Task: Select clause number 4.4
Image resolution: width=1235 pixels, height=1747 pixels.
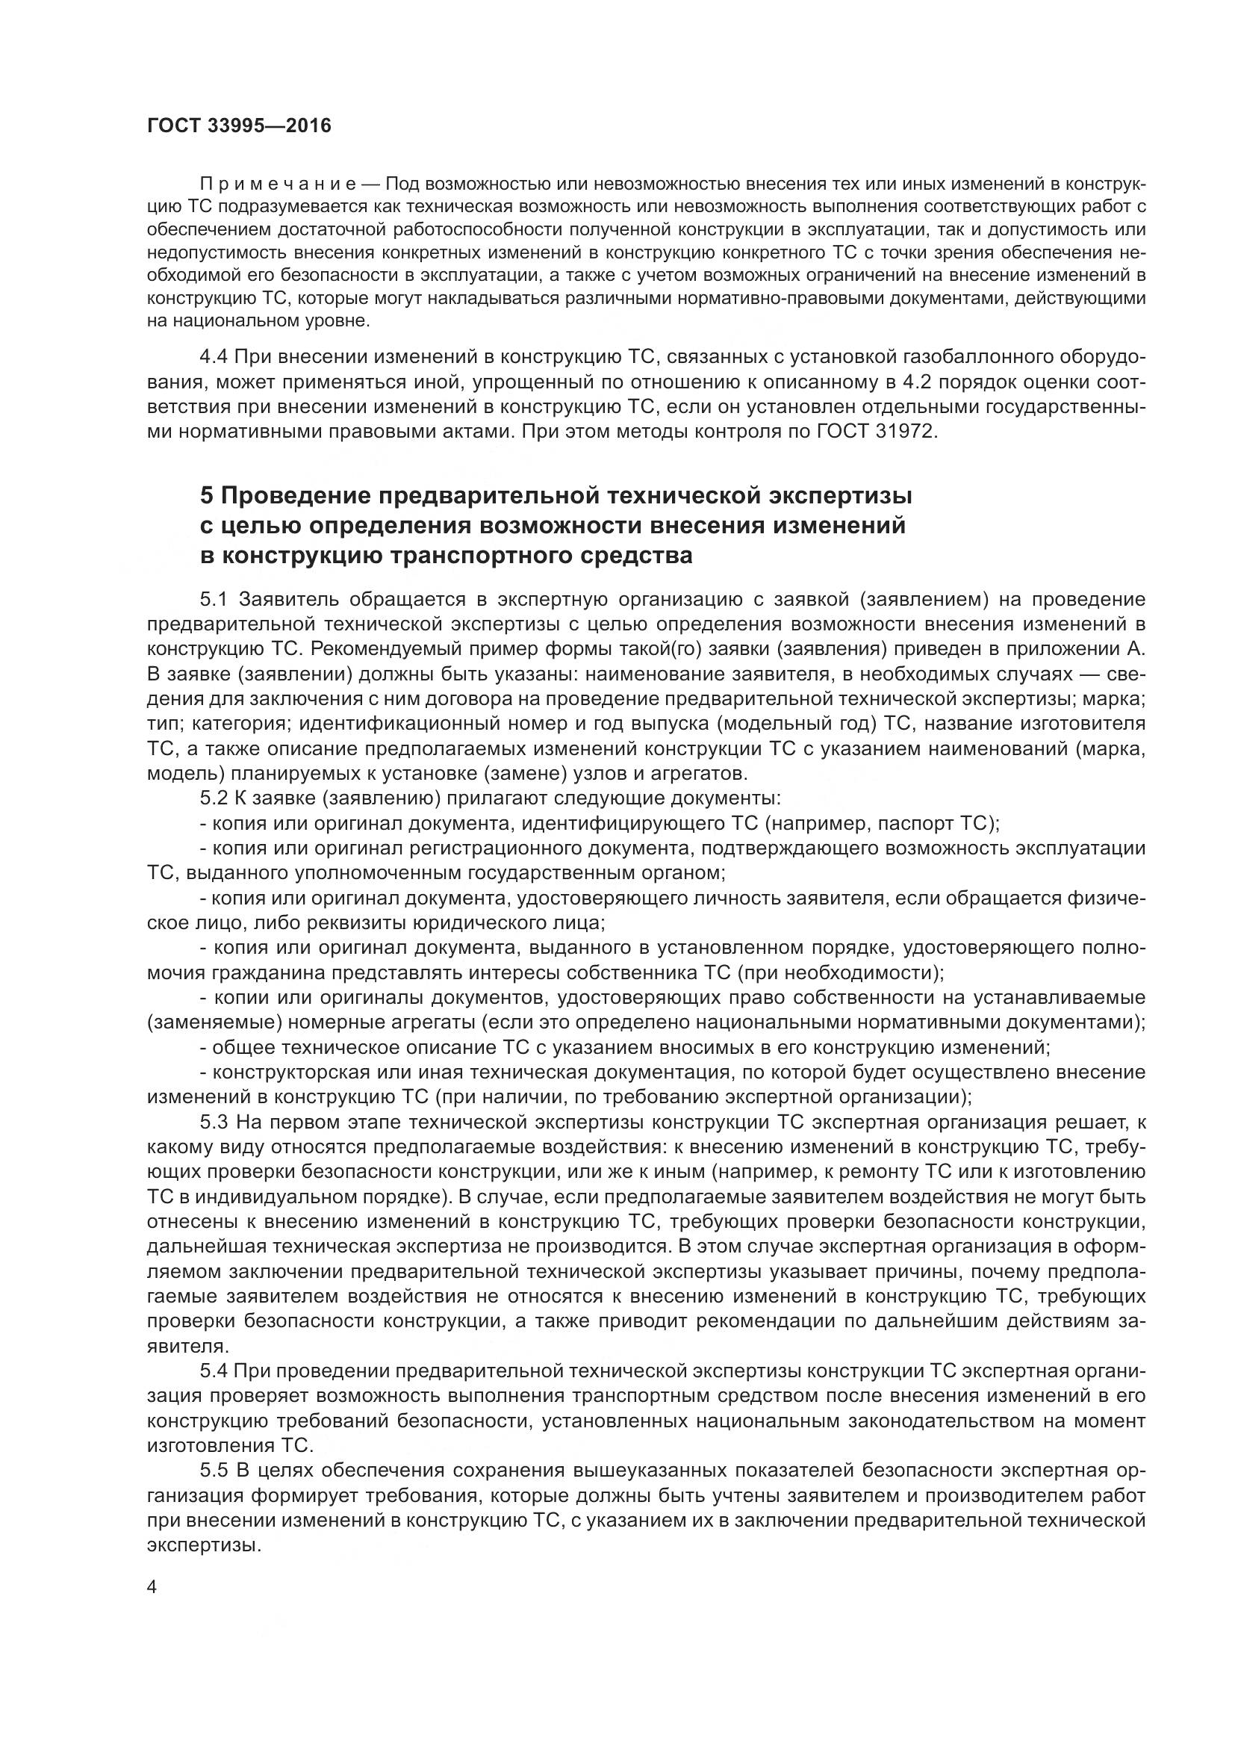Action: coord(214,357)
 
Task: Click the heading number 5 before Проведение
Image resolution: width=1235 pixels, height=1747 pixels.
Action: coord(207,496)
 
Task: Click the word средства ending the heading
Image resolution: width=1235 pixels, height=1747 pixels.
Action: coord(635,556)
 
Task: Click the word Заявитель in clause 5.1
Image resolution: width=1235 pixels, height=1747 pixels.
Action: coord(282,601)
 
